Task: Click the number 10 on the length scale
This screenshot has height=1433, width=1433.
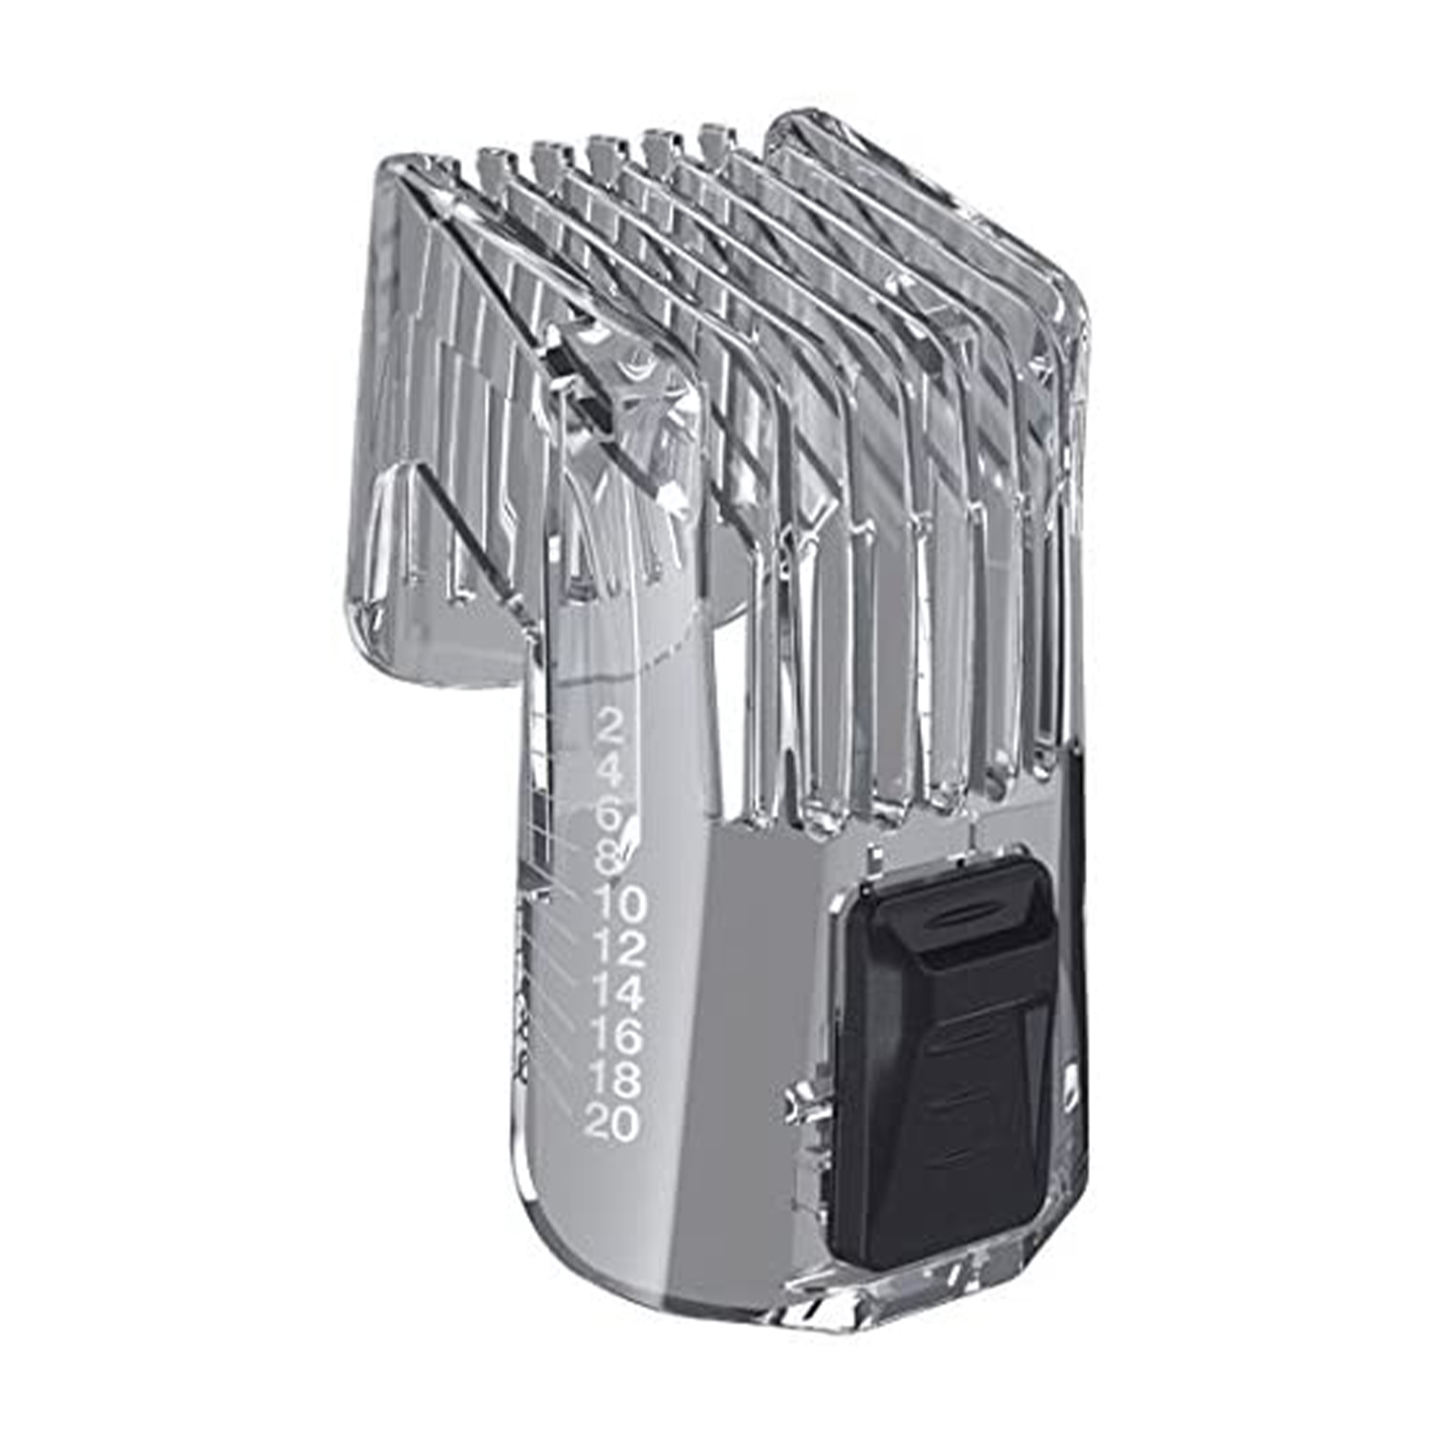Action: [619, 903]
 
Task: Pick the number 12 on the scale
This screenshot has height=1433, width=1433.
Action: [618, 948]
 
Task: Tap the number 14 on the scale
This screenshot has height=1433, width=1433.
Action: [616, 993]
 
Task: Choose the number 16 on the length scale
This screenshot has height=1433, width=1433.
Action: [614, 1036]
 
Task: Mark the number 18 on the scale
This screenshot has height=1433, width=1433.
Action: [613, 1080]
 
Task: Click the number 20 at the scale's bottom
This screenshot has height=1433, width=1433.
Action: [611, 1123]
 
